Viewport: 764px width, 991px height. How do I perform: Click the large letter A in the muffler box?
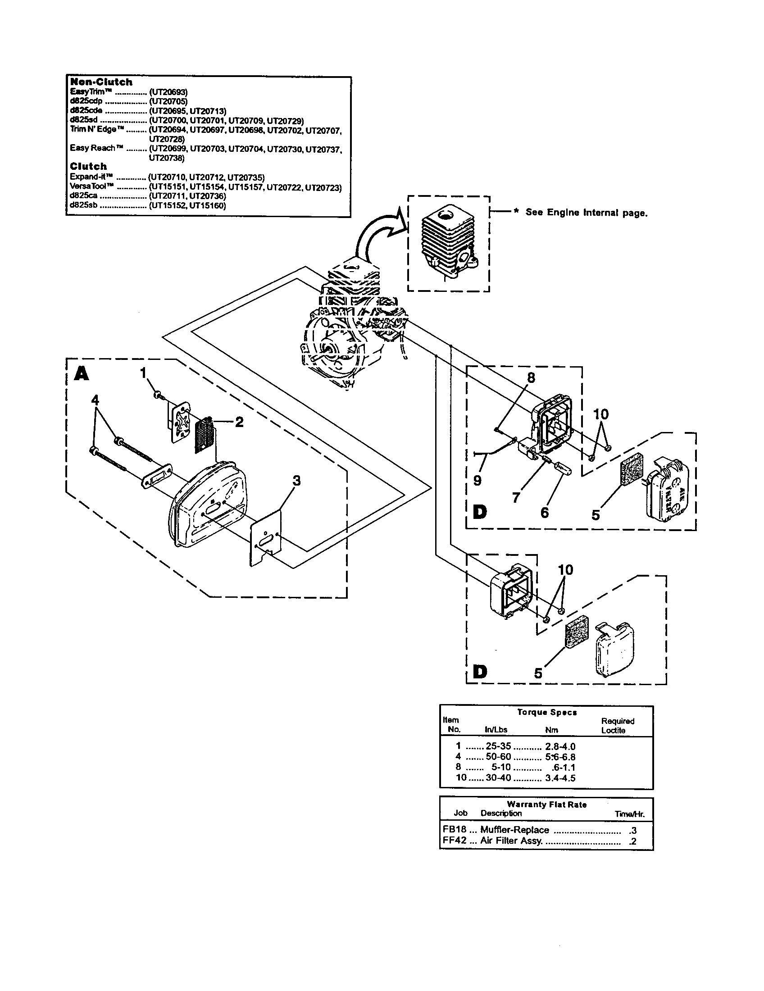82,373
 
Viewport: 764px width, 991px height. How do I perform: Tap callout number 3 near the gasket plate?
296,480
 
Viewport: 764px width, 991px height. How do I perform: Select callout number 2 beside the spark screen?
239,422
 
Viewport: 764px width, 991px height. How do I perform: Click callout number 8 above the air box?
531,377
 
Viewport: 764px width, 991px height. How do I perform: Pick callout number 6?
545,513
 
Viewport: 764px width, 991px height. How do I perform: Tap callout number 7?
516,498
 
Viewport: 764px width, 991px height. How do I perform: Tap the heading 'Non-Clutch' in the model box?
101,82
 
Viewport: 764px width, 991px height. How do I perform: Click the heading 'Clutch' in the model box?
88,166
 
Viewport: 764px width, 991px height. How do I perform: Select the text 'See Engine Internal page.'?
586,213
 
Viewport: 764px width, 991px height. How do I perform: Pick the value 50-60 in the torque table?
498,756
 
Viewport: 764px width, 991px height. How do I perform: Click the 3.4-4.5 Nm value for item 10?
560,778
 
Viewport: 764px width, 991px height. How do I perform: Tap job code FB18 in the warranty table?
454,830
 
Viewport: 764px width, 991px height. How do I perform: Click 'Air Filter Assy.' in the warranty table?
511,841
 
